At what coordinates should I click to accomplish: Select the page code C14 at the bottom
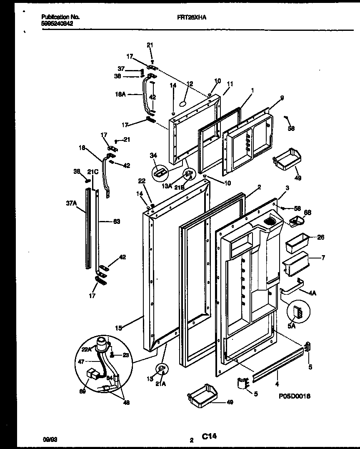click(x=209, y=436)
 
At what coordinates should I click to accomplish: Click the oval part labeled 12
click(x=183, y=103)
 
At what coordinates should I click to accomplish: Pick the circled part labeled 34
click(x=160, y=171)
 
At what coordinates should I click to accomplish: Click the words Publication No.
click(x=60, y=17)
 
